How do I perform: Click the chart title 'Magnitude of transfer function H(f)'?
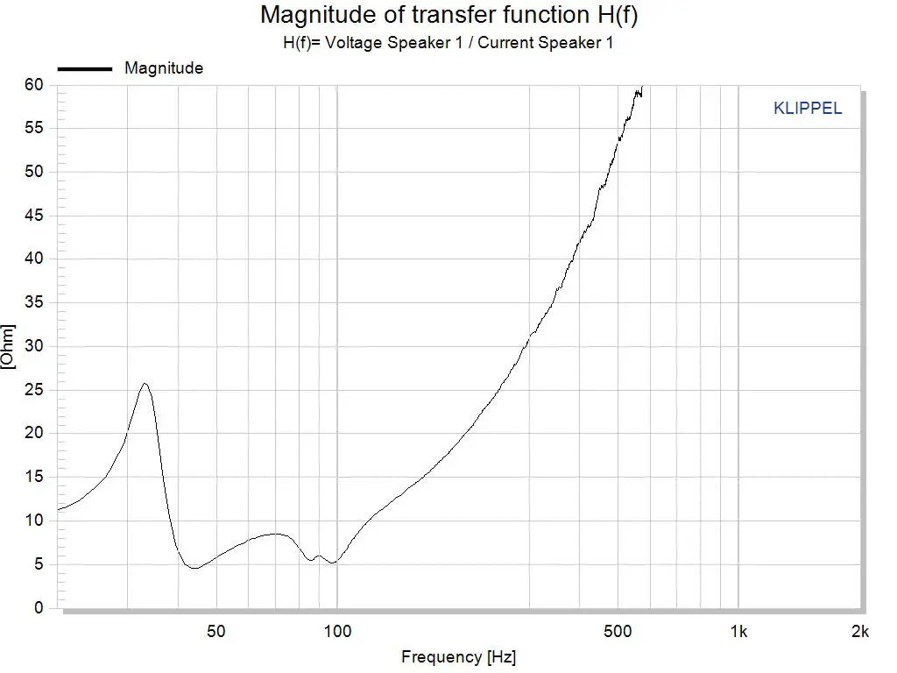448,15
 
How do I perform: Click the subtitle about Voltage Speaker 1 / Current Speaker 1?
448,43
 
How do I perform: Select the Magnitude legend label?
164,68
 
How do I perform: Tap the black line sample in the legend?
85,68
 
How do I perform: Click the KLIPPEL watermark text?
808,109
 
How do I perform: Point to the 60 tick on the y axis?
34,85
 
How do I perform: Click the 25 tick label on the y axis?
34,390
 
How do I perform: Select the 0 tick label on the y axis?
39,608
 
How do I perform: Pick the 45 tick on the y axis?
34,216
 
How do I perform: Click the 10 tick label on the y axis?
34,521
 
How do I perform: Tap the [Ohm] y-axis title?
9,347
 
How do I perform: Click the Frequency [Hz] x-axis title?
458,656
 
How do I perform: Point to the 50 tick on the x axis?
216,631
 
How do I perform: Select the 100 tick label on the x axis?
337,631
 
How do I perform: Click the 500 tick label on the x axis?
618,631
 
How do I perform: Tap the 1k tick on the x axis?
739,631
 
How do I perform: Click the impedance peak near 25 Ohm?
145,384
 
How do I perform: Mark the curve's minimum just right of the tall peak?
194,568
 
